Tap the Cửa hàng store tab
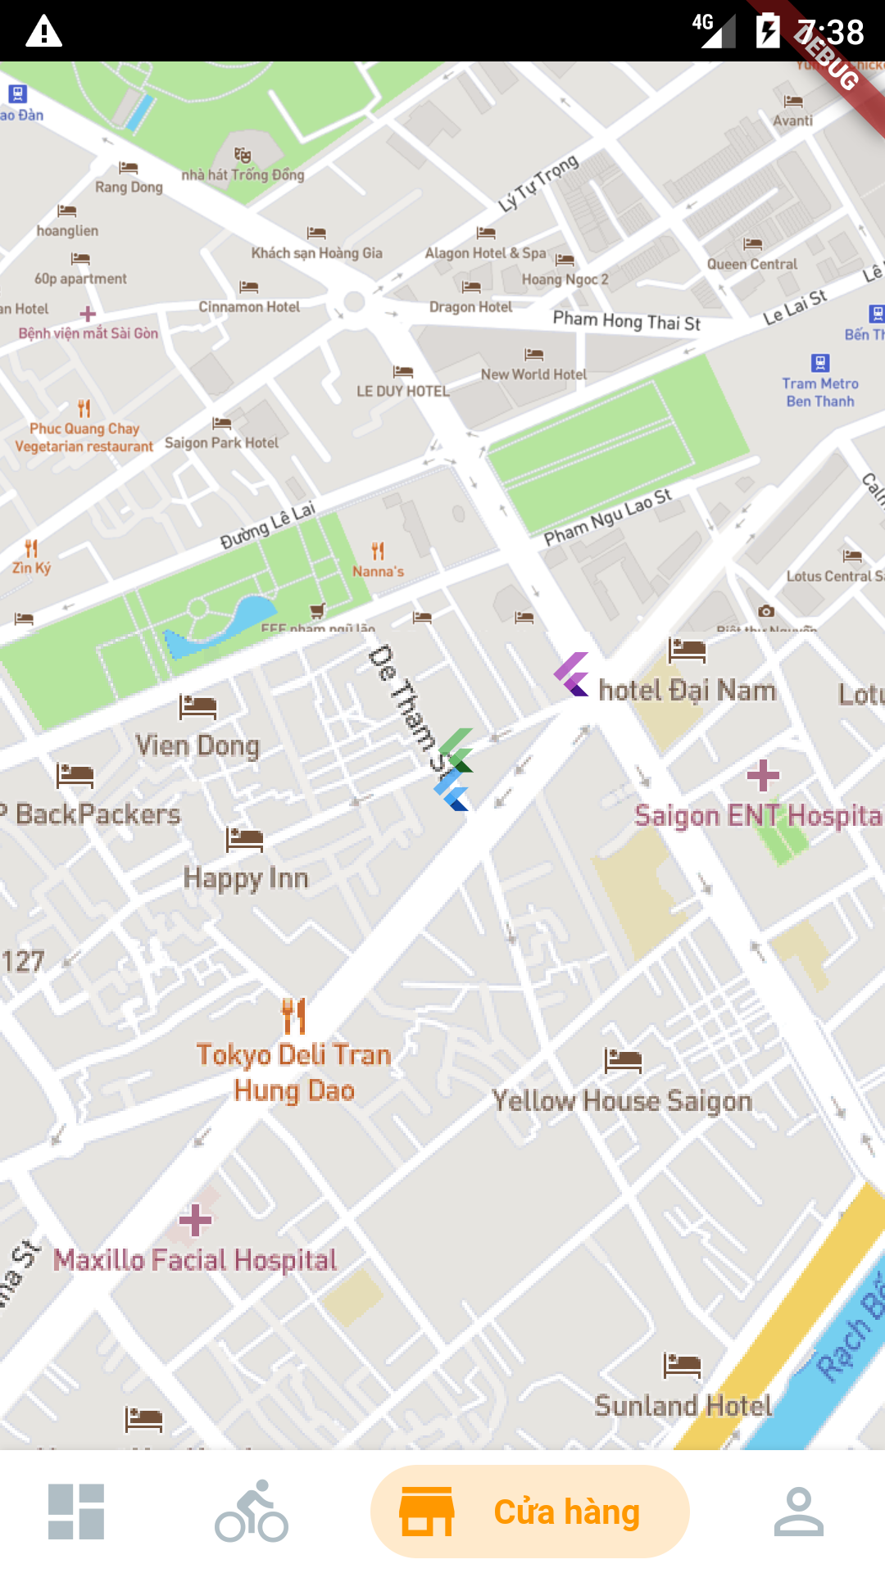click(530, 1512)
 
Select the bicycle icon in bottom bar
click(252, 1512)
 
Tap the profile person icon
click(798, 1512)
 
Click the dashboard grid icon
click(76, 1512)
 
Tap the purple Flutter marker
click(572, 674)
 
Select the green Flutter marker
click(456, 749)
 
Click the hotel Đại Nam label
click(687, 690)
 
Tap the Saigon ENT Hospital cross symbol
click(763, 775)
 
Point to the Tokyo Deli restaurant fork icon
click(293, 1016)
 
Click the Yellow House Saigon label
click(622, 1101)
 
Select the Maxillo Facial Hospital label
click(195, 1260)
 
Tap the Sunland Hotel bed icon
click(682, 1365)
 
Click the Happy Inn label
click(246, 878)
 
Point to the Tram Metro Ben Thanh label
click(819, 392)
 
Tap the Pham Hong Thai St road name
click(626, 320)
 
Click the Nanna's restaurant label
click(378, 572)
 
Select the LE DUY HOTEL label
click(402, 392)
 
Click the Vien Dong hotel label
click(197, 746)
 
